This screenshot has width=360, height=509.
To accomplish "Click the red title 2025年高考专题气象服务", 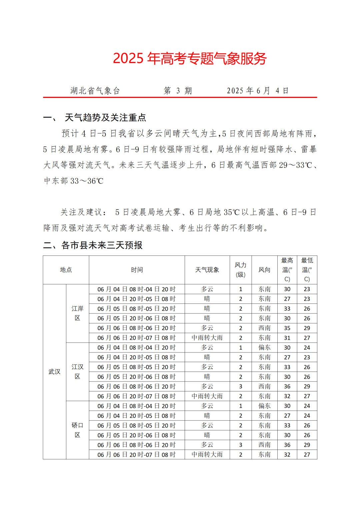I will pos(190,58).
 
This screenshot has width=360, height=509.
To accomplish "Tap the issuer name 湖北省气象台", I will pos(95,91).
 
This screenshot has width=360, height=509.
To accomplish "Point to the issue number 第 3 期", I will pos(178,91).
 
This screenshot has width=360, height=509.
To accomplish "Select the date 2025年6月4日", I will pos(258,91).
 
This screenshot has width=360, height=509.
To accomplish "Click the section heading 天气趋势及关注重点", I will pos(105,117).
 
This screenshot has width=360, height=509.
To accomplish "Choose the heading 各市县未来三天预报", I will pos(102,245).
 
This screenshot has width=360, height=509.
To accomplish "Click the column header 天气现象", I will pos(207,270).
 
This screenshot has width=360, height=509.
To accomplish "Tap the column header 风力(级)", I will pos(240,270).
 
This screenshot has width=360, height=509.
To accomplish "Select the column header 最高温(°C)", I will pos(287,270).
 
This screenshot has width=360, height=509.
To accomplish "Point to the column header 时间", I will pos(137,270).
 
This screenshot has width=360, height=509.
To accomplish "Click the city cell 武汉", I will pos(54,371).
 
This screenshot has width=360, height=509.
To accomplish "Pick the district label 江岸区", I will pos(77,313).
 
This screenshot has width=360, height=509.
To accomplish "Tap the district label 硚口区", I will pos(77,430).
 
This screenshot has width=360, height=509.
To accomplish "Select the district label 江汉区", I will pos(77,371).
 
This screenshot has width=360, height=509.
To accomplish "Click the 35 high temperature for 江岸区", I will pos(287,328).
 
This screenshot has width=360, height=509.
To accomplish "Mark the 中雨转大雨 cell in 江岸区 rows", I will pos(207,338).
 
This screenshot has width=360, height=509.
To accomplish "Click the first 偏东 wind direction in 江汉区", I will pos(264,347).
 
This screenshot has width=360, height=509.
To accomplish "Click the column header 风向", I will pos(264,270).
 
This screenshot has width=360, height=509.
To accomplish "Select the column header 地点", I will pos(66,270).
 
